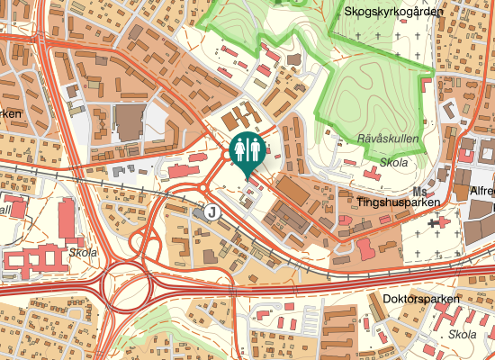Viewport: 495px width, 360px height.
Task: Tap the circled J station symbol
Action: click(x=211, y=211)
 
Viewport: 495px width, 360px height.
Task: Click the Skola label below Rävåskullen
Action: click(x=394, y=163)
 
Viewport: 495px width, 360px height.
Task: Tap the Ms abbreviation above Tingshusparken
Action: click(x=418, y=192)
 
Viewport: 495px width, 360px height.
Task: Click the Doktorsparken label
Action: click(x=421, y=299)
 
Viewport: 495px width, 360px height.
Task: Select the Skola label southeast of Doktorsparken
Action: click(x=462, y=335)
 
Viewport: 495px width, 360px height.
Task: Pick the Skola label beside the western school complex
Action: click(x=83, y=254)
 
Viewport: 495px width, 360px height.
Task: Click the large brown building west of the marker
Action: click(x=130, y=123)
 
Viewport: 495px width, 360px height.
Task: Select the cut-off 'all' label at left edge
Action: click(x=5, y=210)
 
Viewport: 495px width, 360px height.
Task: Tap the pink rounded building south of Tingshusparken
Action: click(x=366, y=247)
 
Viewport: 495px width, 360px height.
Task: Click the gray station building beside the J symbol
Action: click(x=198, y=213)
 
